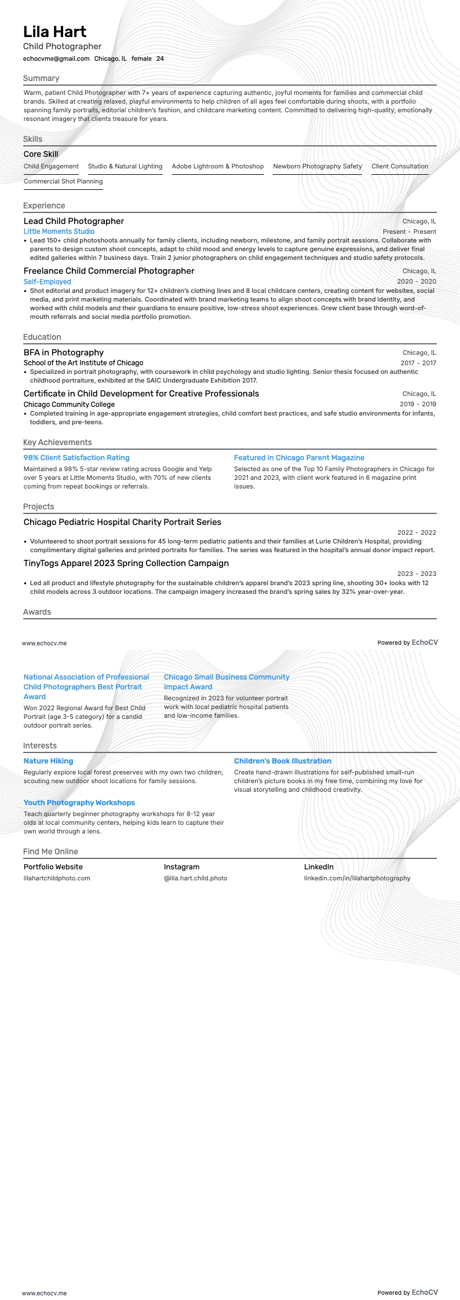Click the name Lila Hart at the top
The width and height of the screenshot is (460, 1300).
[54, 32]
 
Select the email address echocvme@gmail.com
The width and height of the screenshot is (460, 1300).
[56, 58]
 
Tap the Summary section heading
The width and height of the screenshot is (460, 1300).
[41, 78]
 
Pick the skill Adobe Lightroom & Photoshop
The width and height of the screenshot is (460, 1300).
[217, 166]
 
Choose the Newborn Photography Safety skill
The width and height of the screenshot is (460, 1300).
[317, 166]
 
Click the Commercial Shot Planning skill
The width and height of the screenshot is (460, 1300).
[63, 181]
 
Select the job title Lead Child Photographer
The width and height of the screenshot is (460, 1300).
[74, 221]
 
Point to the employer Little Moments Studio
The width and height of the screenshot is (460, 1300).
[59, 232]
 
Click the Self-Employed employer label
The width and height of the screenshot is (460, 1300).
[48, 282]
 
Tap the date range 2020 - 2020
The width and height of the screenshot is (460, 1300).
[417, 282]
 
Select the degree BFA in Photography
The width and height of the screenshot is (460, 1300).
[64, 352]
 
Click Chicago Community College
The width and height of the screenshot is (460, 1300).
[69, 405]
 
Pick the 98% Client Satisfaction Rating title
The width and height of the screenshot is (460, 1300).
[76, 458]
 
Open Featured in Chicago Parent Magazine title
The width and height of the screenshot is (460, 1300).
[299, 458]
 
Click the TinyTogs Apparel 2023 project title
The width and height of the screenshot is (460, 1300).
[126, 563]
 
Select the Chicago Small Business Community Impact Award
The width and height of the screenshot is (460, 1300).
[227, 682]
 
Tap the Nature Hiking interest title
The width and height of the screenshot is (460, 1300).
[48, 761]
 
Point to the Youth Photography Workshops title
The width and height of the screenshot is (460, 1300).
[79, 803]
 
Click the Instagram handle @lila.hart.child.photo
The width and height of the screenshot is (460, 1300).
[195, 878]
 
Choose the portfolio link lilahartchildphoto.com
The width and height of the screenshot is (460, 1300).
[57, 878]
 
